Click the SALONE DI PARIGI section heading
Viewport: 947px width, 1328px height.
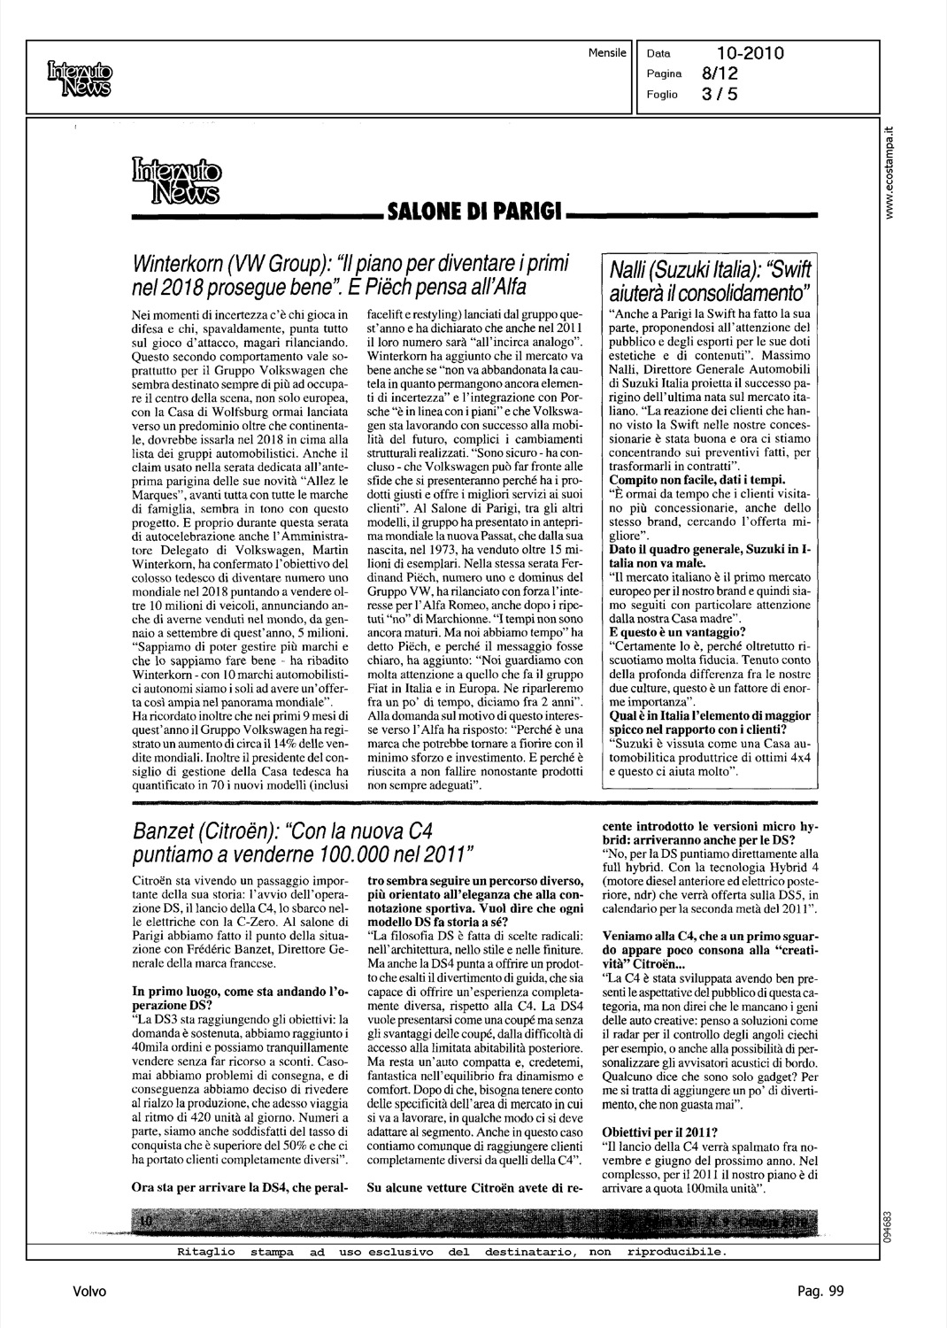pyautogui.click(x=470, y=212)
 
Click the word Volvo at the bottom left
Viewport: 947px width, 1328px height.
pyautogui.click(x=89, y=1292)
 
